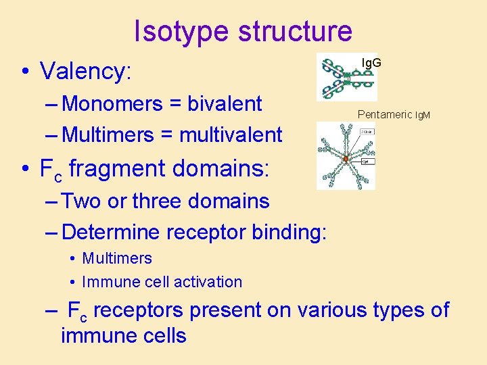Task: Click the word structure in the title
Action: coord(289,32)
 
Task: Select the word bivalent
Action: coord(225,104)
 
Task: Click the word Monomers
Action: coord(112,104)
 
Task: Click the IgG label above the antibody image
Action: coord(371,63)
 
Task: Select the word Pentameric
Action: coord(384,115)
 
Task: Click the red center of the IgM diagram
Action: coord(345,160)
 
